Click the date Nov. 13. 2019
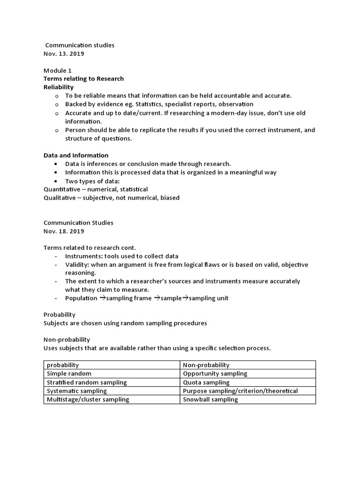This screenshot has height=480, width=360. [x=64, y=53]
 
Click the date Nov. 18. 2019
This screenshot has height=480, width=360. [x=64, y=231]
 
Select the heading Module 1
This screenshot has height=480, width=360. [x=58, y=70]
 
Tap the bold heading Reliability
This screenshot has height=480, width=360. [x=59, y=87]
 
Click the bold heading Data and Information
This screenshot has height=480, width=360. [x=76, y=155]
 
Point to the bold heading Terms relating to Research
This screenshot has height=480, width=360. [x=83, y=79]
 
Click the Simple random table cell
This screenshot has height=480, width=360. [x=69, y=374]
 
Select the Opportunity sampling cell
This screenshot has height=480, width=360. [x=215, y=374]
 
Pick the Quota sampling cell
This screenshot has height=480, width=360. [x=206, y=382]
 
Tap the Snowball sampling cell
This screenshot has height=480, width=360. [x=210, y=399]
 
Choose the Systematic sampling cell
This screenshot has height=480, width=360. [x=77, y=391]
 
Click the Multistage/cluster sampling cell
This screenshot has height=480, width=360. [x=88, y=399]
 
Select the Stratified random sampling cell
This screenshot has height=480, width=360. [x=87, y=382]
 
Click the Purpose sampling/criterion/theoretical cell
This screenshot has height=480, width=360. [x=240, y=391]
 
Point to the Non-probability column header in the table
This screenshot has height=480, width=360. [x=206, y=365]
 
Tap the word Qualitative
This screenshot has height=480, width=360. [x=60, y=198]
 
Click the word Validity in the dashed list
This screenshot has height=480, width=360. [x=76, y=264]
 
